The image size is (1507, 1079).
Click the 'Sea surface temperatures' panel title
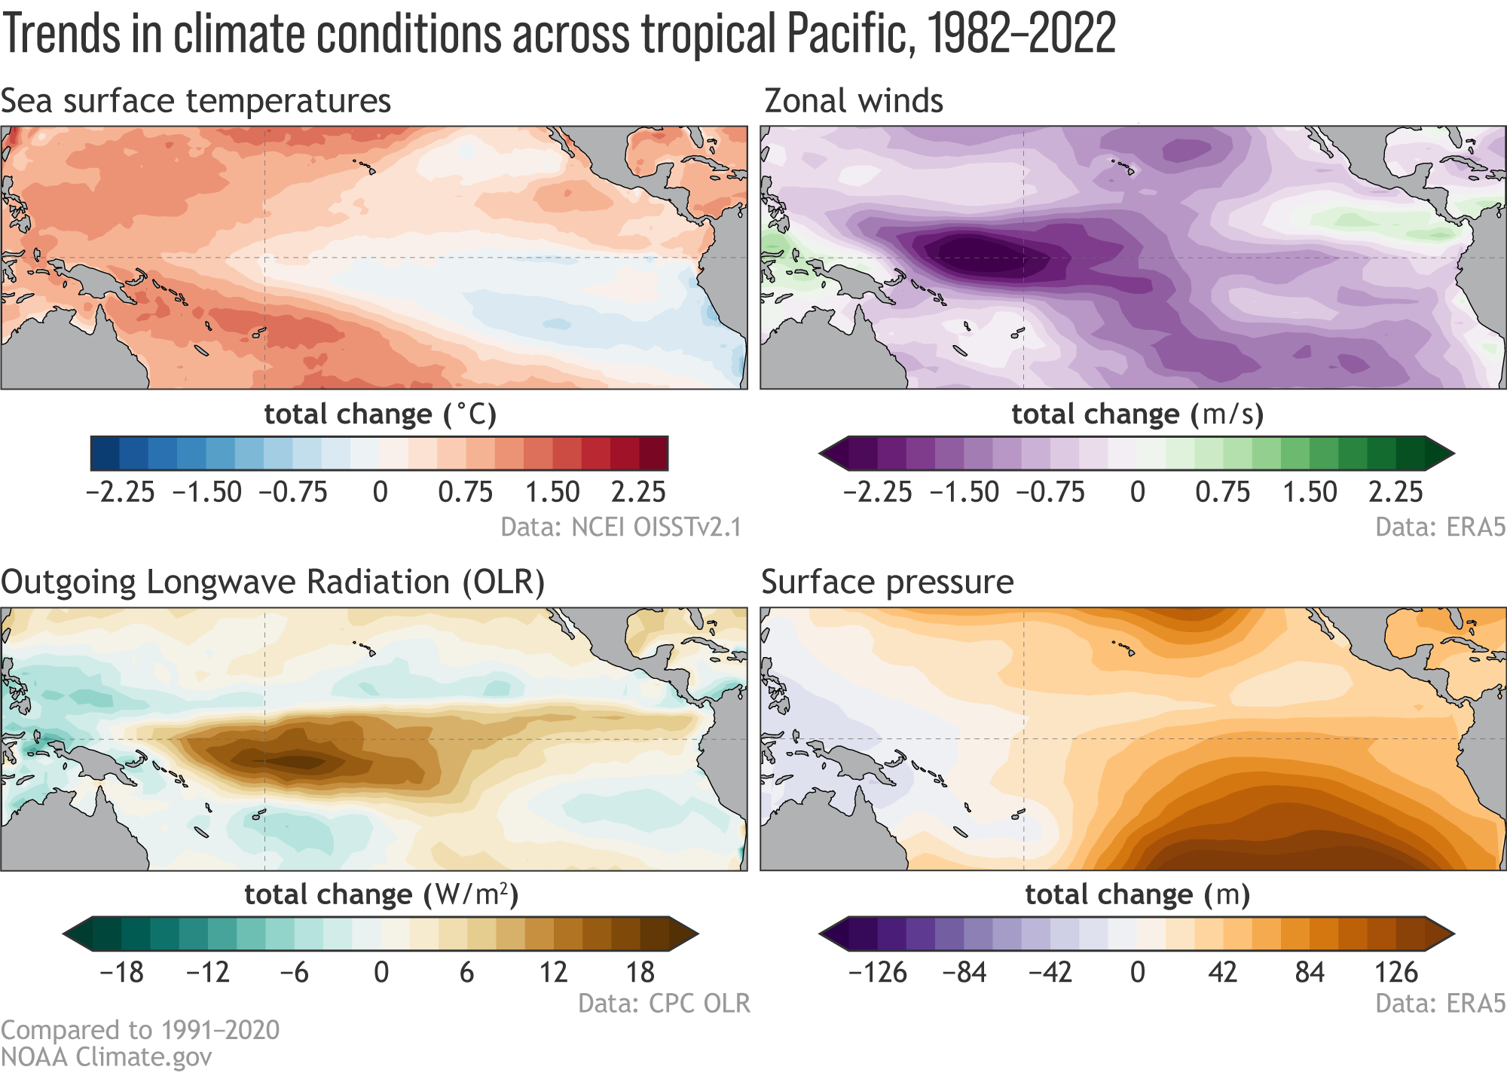pyautogui.click(x=196, y=101)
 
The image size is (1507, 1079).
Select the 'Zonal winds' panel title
pyautogui.click(x=854, y=101)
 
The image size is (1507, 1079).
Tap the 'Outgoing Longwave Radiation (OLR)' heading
pyautogui.click(x=273, y=582)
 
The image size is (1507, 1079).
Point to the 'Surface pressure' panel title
pyautogui.click(x=888, y=582)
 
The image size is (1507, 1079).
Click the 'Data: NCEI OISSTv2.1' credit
pyautogui.click(x=621, y=527)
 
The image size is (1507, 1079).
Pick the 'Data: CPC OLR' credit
pyautogui.click(x=664, y=1004)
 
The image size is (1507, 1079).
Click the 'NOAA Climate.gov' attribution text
pyautogui.click(x=106, y=1056)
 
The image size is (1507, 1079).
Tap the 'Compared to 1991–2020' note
pyautogui.click(x=140, y=1030)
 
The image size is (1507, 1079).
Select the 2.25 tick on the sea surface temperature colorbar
pyautogui.click(x=639, y=492)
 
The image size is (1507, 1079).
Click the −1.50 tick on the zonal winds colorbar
pyautogui.click(x=964, y=492)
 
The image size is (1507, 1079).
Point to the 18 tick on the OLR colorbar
pyautogui.click(x=640, y=973)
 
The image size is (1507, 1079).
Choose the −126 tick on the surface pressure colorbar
pyautogui.click(x=878, y=973)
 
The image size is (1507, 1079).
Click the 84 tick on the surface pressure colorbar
pyautogui.click(x=1310, y=973)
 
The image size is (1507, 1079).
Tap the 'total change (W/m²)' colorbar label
pyautogui.click(x=381, y=894)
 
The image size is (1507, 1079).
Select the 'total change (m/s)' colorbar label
pyautogui.click(x=1137, y=414)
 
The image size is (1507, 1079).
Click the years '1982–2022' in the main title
pyautogui.click(x=1021, y=34)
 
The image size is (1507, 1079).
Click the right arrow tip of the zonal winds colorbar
pyautogui.click(x=1452, y=454)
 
